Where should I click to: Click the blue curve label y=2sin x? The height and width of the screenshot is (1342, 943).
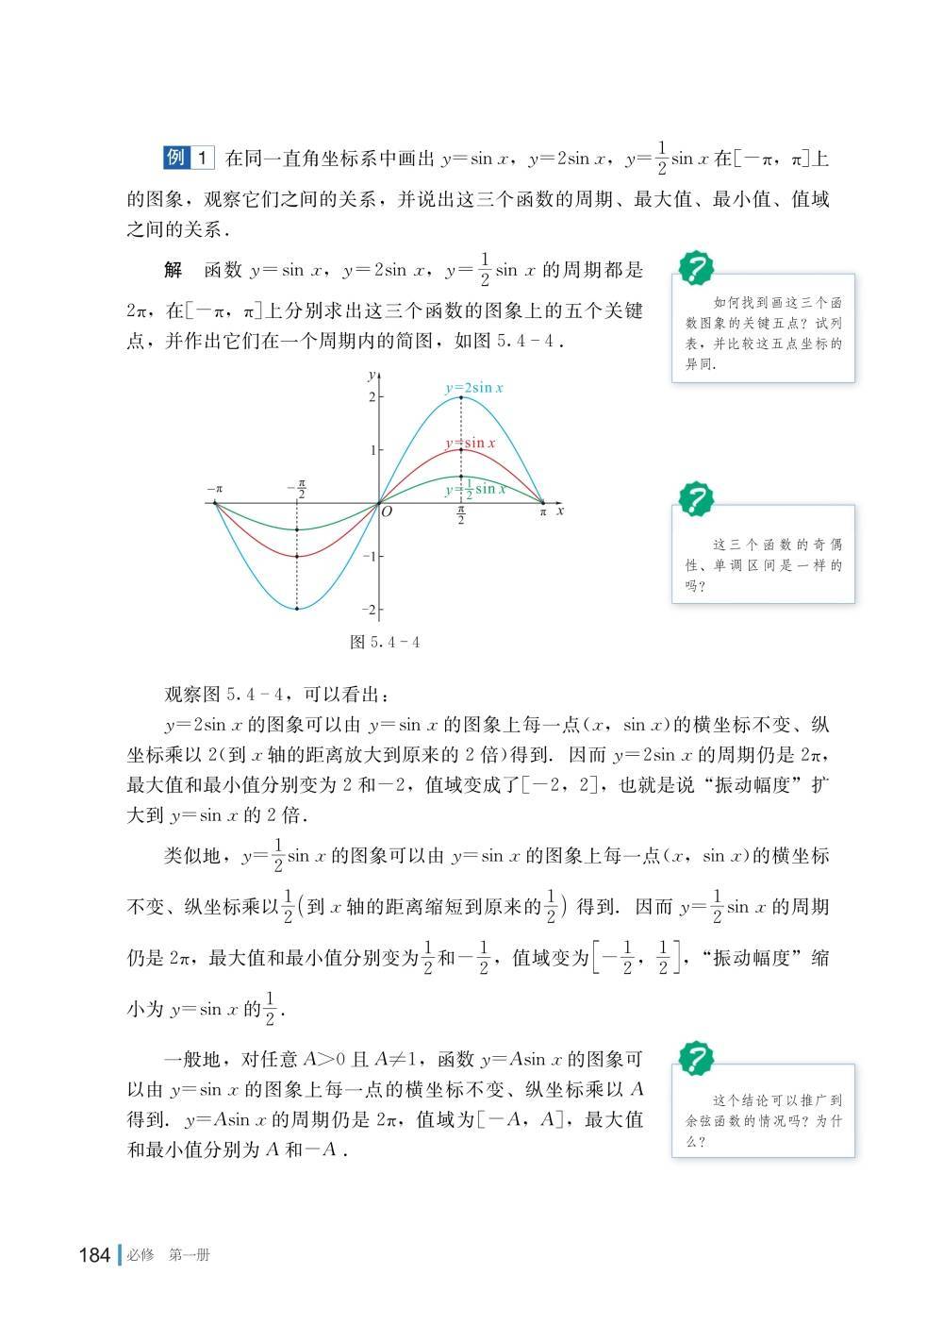(x=474, y=387)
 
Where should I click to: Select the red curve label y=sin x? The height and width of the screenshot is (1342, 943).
(x=471, y=443)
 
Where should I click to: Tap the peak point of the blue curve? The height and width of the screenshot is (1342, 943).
(x=461, y=397)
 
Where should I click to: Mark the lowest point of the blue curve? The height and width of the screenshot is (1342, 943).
(x=297, y=609)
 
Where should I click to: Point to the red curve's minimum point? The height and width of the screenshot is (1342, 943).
(x=297, y=556)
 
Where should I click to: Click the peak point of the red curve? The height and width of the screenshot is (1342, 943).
(x=461, y=450)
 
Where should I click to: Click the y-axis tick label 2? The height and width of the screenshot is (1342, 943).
(x=372, y=397)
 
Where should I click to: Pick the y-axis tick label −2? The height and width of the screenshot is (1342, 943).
(x=369, y=610)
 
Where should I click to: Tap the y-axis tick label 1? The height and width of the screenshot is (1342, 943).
(x=372, y=450)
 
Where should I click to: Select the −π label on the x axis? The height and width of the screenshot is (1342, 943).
(x=215, y=489)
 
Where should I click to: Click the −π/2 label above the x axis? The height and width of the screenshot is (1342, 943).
(x=297, y=489)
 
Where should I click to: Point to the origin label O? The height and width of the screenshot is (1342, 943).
(x=387, y=512)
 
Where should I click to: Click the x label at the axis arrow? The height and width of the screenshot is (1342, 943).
(x=560, y=511)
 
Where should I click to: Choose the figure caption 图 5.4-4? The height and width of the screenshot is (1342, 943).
(x=384, y=642)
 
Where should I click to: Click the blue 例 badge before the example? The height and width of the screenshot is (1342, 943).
(x=175, y=158)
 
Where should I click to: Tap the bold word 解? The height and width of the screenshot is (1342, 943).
(x=173, y=271)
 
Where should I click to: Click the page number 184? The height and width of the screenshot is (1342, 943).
(x=96, y=1255)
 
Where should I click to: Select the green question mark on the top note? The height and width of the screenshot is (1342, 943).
(x=697, y=268)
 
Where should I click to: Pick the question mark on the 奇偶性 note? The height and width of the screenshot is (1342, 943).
(x=697, y=497)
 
